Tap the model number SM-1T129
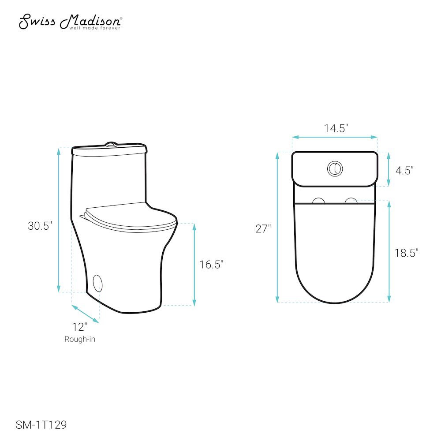(41, 425)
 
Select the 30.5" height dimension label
(40, 226)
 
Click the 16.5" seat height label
(211, 264)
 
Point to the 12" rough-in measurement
(79, 327)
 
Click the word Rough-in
(80, 339)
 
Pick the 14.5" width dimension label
(336, 128)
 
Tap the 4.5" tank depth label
(404, 170)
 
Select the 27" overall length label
(263, 228)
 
